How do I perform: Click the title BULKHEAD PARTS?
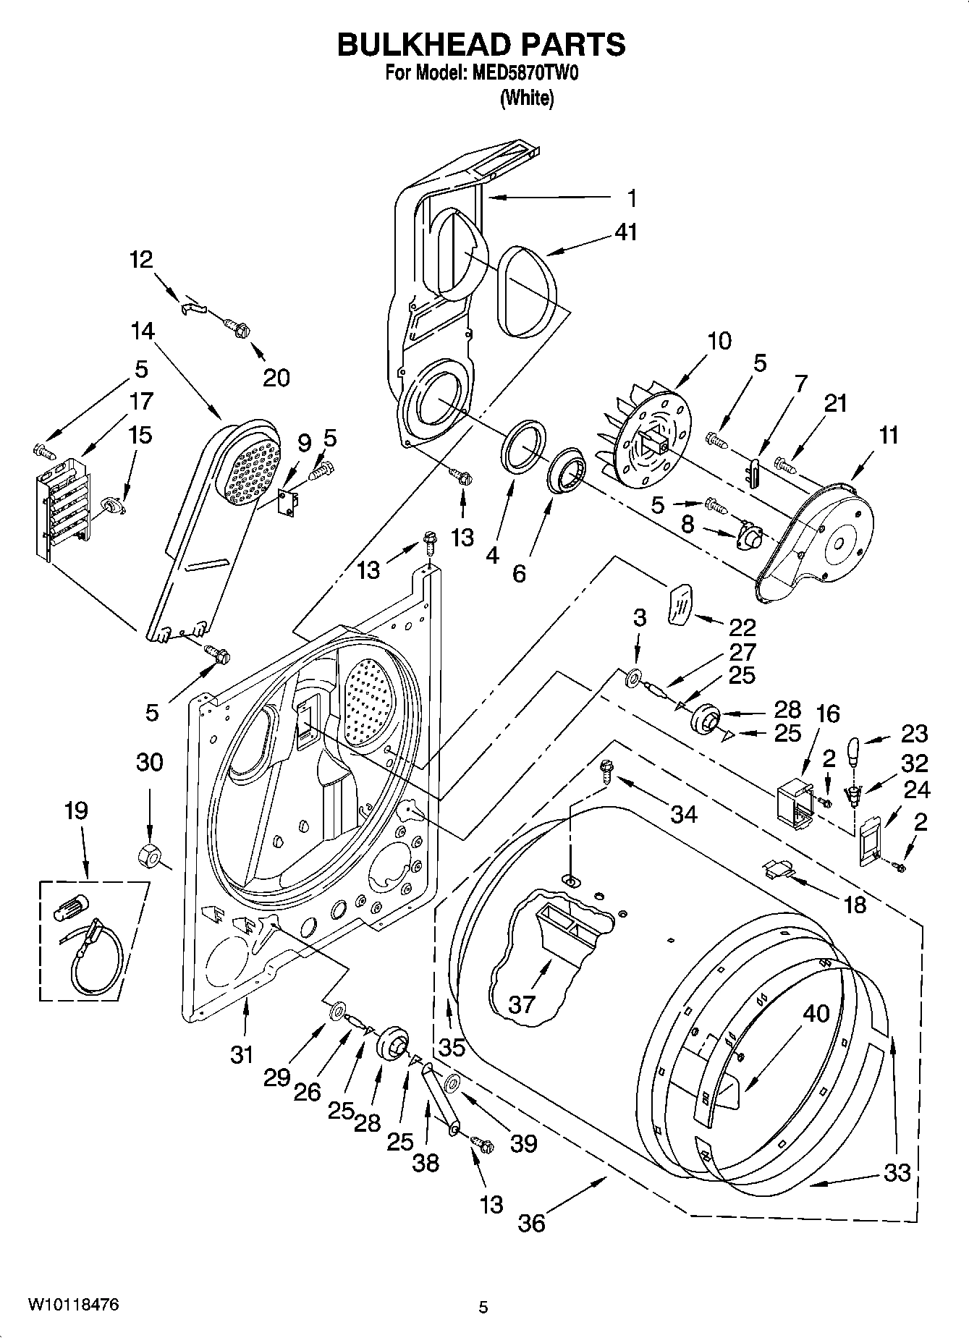click(481, 45)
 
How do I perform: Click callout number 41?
click(626, 232)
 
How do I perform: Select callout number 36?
click(531, 1223)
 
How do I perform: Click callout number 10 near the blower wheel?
click(719, 340)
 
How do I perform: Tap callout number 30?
click(150, 762)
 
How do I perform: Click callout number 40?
click(816, 1014)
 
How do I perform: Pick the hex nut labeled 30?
click(148, 853)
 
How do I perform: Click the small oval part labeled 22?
click(680, 603)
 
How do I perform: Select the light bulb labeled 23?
click(855, 750)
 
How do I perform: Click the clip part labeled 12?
click(192, 307)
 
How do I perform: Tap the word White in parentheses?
click(527, 98)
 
